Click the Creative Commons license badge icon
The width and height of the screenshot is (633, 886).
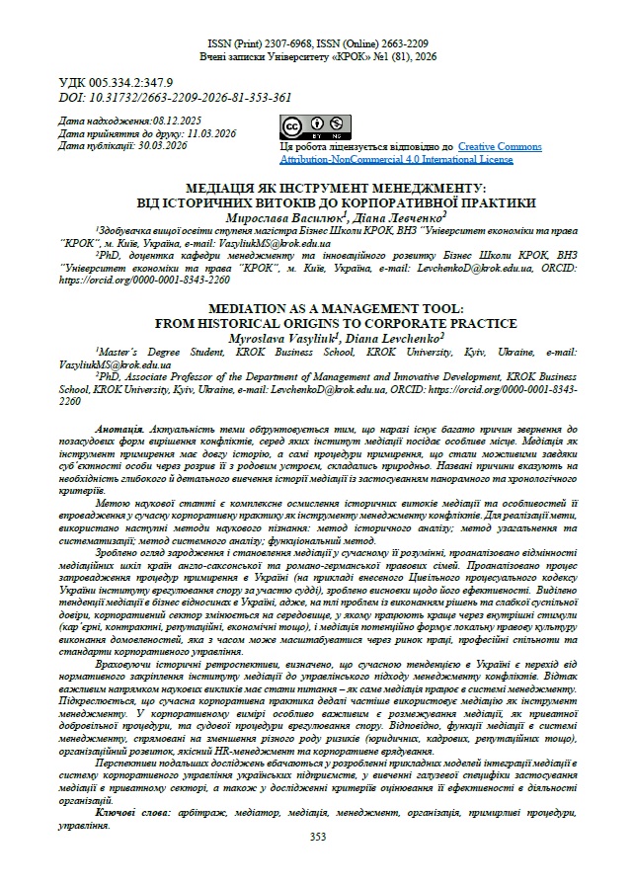[305, 127]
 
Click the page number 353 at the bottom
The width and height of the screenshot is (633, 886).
[317, 837]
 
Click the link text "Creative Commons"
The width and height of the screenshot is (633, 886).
[499, 146]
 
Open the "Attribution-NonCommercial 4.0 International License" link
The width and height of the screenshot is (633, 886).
[396, 158]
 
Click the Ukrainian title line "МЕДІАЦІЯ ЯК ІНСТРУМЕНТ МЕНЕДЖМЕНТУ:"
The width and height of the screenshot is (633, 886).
[317, 188]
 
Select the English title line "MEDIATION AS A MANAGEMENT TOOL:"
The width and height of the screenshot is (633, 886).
[317, 309]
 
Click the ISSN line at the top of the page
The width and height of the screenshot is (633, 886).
[317, 44]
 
